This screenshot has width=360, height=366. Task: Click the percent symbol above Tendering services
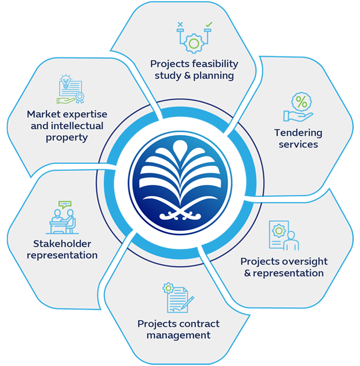click(x=301, y=102)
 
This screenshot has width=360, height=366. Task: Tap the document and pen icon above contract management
click(x=177, y=299)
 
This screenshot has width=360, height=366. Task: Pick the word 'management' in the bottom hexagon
click(x=178, y=335)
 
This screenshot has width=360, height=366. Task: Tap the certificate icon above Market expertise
click(x=70, y=90)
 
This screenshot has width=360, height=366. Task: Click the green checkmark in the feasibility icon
click(x=208, y=24)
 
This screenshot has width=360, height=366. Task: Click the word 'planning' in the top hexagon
click(x=212, y=76)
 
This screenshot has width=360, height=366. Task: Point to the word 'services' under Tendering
click(x=298, y=145)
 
